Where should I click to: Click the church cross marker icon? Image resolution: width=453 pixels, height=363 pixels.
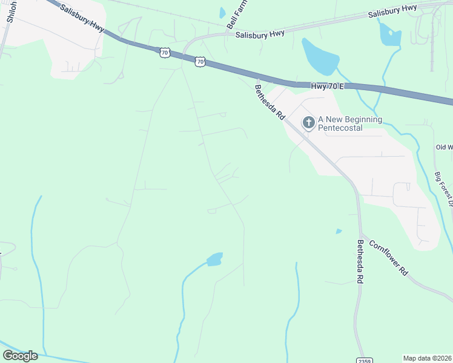(308, 123)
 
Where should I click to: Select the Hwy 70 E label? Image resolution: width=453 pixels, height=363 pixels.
(327, 87)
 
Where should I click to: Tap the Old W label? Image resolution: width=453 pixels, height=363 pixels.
(443, 147)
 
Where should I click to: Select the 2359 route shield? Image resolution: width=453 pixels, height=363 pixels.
(364, 359)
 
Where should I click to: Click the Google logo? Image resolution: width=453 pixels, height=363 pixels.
(20, 356)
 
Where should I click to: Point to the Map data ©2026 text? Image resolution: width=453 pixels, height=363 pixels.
(427, 358)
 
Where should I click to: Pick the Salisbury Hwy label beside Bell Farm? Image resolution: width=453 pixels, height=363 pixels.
(260, 34)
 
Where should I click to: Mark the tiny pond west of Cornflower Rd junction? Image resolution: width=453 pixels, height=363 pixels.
(339, 231)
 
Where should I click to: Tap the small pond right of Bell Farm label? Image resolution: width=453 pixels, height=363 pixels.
(222, 12)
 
